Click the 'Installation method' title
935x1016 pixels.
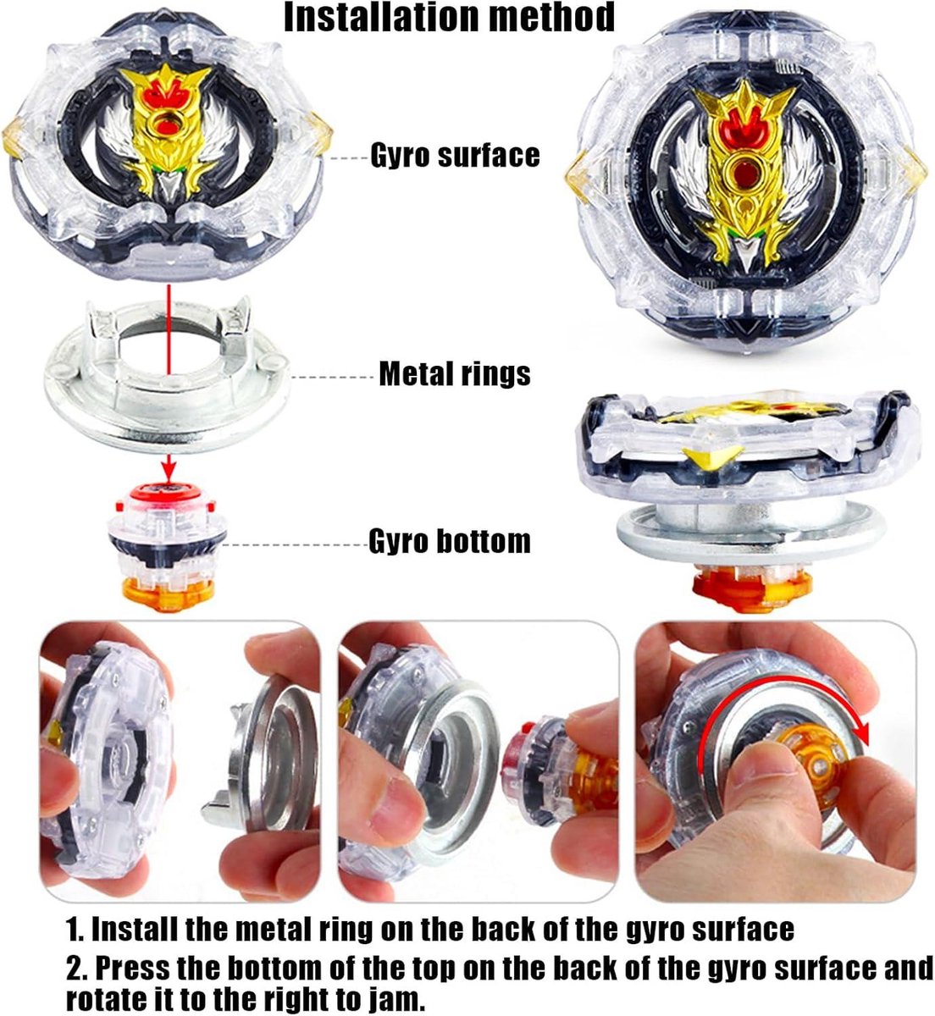click(x=449, y=18)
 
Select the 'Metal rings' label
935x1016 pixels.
click(x=455, y=374)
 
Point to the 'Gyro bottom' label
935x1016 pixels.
click(x=450, y=541)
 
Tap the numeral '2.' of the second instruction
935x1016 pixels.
click(x=77, y=968)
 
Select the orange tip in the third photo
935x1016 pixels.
click(x=811, y=759)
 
